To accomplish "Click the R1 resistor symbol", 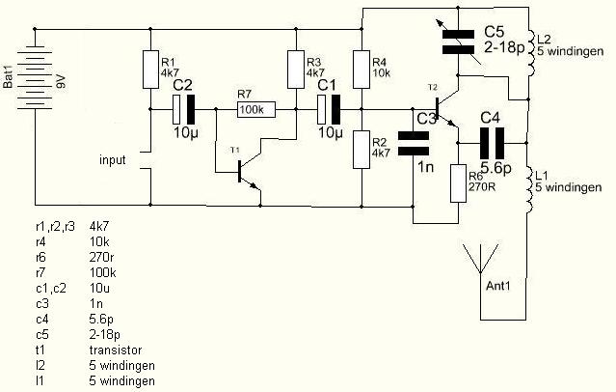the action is [150, 70].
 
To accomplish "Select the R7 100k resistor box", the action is [256, 109].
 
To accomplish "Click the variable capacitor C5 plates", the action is [458, 42].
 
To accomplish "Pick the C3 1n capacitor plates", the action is [414, 143].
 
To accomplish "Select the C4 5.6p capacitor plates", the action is [492, 143].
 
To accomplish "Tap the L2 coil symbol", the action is [530, 53].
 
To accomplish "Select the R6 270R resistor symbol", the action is [458, 183].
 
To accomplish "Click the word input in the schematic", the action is [113, 160].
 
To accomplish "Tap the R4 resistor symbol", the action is [362, 70].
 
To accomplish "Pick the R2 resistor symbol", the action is [362, 150].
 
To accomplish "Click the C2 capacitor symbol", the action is [183, 109].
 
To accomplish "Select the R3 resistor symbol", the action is [296, 70].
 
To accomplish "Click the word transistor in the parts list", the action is [116, 350].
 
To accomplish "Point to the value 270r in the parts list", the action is [102, 257].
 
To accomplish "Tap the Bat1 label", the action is [8, 77].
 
